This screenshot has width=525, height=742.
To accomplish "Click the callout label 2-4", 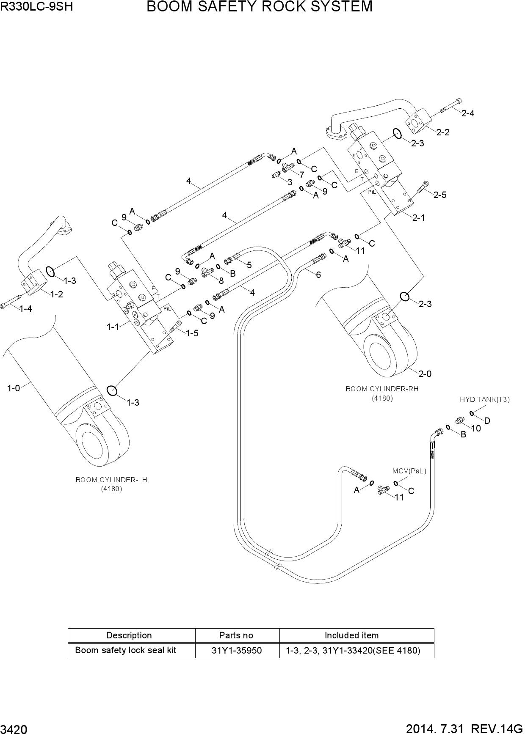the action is (x=467, y=113).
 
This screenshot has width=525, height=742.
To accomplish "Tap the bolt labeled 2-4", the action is (x=451, y=105).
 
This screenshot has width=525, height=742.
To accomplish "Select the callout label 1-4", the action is (x=25, y=309).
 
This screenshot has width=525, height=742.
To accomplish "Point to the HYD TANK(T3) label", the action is (x=485, y=399).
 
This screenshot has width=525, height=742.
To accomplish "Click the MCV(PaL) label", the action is (x=409, y=471).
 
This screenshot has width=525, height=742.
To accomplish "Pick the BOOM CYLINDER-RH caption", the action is (x=382, y=389).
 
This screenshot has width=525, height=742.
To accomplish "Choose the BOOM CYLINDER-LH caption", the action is (x=111, y=480).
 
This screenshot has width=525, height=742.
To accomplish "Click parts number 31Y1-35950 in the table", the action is (x=237, y=650).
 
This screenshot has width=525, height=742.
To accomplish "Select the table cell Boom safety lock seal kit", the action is (x=125, y=650).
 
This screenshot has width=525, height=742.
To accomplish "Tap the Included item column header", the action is (x=351, y=635).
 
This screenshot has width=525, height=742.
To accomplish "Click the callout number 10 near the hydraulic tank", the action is (x=476, y=428).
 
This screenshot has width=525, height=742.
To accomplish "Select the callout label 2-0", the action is (x=425, y=374).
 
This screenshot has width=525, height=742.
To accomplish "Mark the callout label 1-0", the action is (x=14, y=387).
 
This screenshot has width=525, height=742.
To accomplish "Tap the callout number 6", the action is (x=318, y=275).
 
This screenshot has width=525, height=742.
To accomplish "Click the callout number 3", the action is (x=290, y=182).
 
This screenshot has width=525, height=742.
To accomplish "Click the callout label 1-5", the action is (x=192, y=333).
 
